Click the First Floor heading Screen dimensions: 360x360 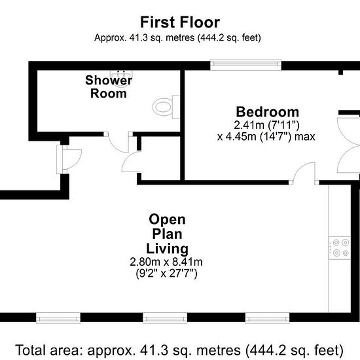pyautogui.click(x=180, y=22)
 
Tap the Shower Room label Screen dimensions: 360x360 pyautogui.click(x=109, y=87)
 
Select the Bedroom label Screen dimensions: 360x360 pyautogui.click(x=268, y=112)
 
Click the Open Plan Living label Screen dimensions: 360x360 pyautogui.click(x=167, y=234)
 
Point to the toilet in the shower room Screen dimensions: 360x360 pyautogui.click(x=166, y=107)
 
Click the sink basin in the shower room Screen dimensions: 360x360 pyautogui.click(x=121, y=78)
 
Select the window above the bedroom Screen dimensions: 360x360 pyautogui.click(x=245, y=65)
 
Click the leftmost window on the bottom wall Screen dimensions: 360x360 pyautogui.click(x=58, y=318)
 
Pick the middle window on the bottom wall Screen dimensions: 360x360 pyautogui.click(x=165, y=318)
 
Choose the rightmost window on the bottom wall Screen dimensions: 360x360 pyautogui.click(x=267, y=318)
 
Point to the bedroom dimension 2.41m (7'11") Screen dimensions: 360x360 pyautogui.click(x=266, y=125)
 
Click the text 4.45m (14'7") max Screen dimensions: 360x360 pyautogui.click(x=270, y=137)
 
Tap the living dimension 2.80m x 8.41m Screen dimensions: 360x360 pyautogui.click(x=166, y=262)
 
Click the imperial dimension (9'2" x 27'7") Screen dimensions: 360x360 pyautogui.click(x=166, y=274)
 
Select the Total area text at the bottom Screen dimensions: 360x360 pyautogui.click(x=179, y=350)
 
